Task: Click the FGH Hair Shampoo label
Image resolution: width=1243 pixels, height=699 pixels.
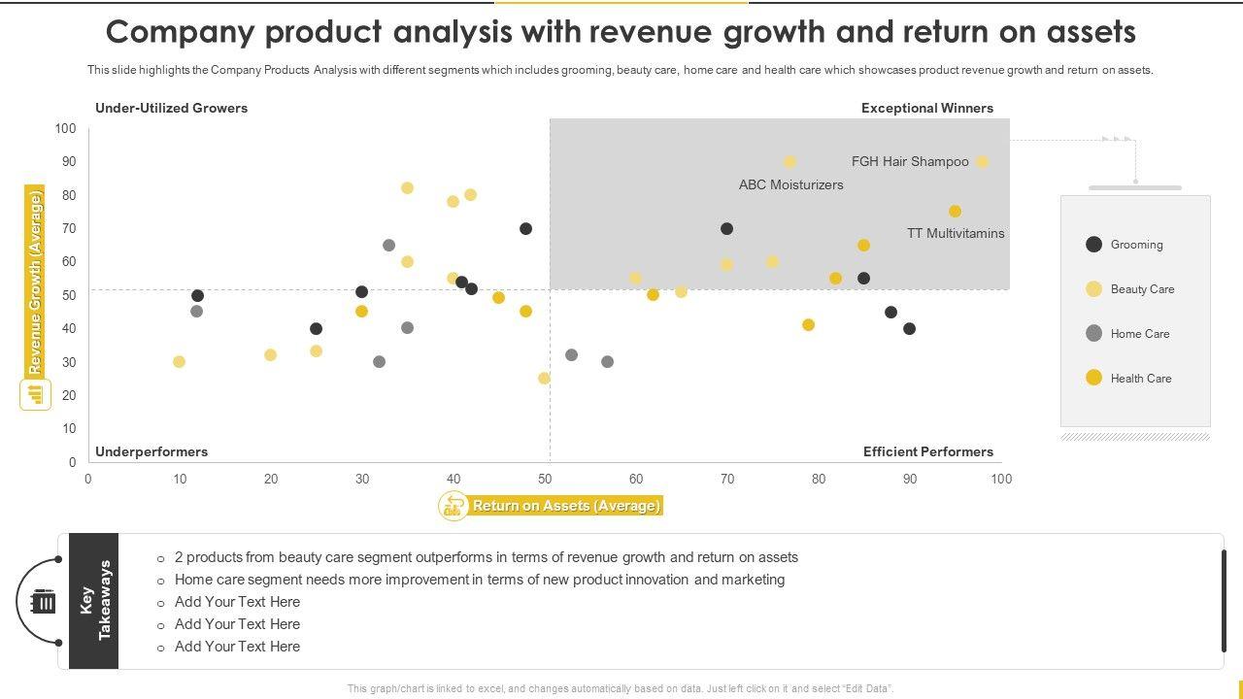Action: (x=910, y=162)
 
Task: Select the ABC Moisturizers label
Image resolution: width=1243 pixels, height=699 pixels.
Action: (x=790, y=184)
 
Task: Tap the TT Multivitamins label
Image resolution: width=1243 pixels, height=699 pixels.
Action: (x=956, y=234)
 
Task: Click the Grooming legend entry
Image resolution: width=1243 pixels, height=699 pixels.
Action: (x=1136, y=245)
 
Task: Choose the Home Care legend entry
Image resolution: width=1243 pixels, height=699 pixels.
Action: (x=1139, y=334)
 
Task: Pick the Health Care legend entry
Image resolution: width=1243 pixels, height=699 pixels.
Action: (x=1140, y=379)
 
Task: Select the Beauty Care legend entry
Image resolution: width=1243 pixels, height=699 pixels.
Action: (x=1141, y=289)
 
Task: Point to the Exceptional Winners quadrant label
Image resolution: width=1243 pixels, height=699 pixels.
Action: (x=926, y=109)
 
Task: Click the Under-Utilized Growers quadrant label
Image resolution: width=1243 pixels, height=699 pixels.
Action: (x=171, y=109)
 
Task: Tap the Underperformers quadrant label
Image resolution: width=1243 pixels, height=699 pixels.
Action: (x=151, y=452)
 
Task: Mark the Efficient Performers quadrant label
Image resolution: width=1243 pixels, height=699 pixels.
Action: (x=927, y=452)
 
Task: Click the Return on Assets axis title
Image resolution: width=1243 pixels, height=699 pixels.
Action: (x=566, y=506)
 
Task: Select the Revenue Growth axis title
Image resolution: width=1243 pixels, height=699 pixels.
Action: (x=35, y=283)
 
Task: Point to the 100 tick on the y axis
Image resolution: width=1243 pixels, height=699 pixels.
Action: (x=66, y=129)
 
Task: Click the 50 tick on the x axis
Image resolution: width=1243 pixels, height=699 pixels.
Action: (x=545, y=479)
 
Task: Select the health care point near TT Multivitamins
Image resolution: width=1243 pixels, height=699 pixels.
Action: (x=955, y=212)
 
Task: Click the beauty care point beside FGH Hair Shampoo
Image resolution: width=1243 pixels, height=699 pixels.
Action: (x=982, y=162)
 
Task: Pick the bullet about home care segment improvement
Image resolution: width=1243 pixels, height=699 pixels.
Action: (x=480, y=580)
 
